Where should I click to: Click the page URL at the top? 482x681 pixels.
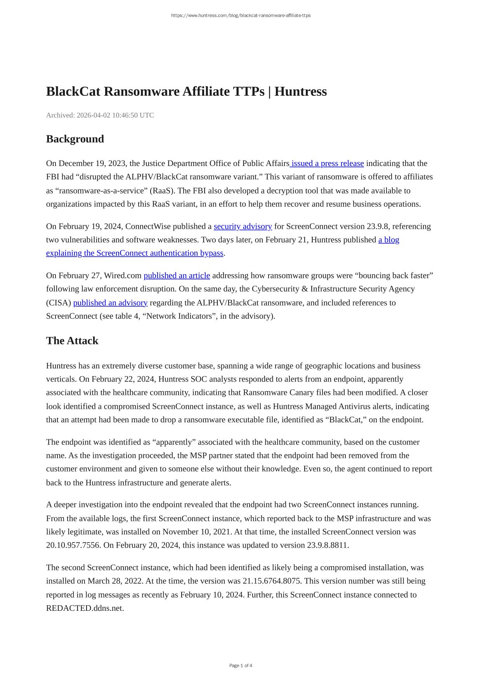(x=241, y=16)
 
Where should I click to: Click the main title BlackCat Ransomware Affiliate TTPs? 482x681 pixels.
(x=186, y=92)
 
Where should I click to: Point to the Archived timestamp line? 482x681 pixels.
(x=100, y=115)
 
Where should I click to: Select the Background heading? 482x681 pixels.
(x=75, y=139)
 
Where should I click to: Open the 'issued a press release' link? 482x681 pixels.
(x=327, y=163)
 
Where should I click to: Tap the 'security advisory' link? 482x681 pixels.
(x=243, y=226)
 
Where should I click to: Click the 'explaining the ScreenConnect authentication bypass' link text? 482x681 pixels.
(x=135, y=253)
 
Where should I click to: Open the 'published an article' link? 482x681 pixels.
(x=177, y=275)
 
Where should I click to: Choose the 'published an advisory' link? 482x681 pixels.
(x=110, y=302)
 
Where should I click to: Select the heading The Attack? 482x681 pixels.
(x=72, y=340)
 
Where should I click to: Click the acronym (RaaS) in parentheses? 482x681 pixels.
(x=162, y=190)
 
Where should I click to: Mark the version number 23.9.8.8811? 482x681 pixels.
(x=328, y=545)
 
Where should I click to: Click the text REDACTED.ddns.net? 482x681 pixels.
(x=85, y=608)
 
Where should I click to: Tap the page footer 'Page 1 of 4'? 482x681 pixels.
(x=241, y=665)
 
